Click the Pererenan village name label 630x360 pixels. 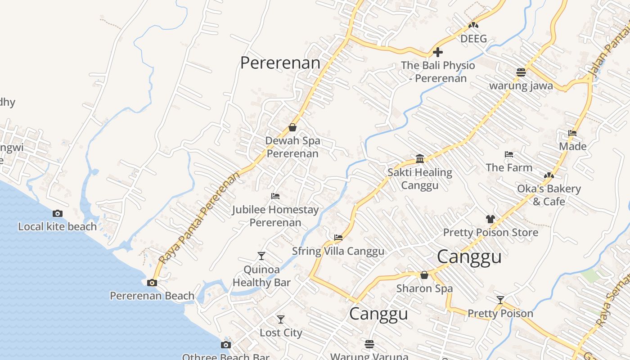(x=280, y=63)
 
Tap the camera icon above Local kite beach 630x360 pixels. (x=58, y=214)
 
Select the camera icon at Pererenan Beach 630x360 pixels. (x=152, y=283)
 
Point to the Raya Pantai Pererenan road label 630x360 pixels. (x=199, y=218)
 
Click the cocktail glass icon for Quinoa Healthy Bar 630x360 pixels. (x=261, y=256)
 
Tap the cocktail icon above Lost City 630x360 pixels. (x=281, y=319)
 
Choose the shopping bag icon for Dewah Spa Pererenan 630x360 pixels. (x=292, y=127)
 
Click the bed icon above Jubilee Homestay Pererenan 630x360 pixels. (x=275, y=196)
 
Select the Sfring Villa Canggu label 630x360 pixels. (x=338, y=251)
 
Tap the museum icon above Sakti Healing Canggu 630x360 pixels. (x=420, y=158)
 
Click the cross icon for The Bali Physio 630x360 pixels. (x=437, y=53)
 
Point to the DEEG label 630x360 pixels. (x=473, y=39)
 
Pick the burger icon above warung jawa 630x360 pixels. (x=521, y=72)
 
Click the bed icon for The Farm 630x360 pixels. (x=509, y=154)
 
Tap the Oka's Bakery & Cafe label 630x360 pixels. (x=549, y=195)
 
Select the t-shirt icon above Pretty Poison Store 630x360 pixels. (x=490, y=219)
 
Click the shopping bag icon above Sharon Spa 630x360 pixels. (x=424, y=275)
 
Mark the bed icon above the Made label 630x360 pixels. (x=572, y=133)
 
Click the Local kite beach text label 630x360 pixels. (x=58, y=226)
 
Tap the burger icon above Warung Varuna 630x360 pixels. (x=369, y=344)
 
